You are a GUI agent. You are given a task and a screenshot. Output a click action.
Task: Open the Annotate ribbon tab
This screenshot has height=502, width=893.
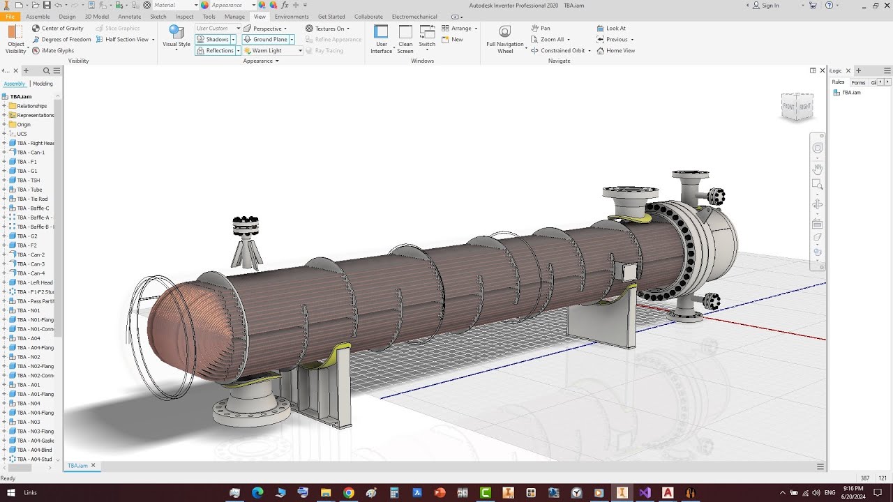click(x=129, y=17)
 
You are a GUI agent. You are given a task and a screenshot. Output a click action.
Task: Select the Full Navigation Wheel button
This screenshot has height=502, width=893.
click(x=505, y=39)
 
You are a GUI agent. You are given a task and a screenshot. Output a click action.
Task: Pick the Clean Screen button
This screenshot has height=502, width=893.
click(x=405, y=39)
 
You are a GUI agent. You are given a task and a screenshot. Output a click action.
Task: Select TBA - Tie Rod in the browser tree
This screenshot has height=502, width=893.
click(x=32, y=199)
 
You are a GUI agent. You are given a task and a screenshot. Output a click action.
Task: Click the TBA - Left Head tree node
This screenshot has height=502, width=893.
click(x=34, y=282)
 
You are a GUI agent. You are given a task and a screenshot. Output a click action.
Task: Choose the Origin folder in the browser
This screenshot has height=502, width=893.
click(x=24, y=124)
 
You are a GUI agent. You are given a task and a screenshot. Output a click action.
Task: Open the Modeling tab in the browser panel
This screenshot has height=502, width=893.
click(x=43, y=84)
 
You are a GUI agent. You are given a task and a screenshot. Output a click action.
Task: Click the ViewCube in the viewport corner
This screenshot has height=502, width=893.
click(x=797, y=106)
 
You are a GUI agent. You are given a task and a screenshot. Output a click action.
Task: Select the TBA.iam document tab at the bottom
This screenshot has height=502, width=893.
click(x=78, y=465)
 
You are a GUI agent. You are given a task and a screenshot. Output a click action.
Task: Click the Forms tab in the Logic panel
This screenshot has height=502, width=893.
click(x=858, y=82)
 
